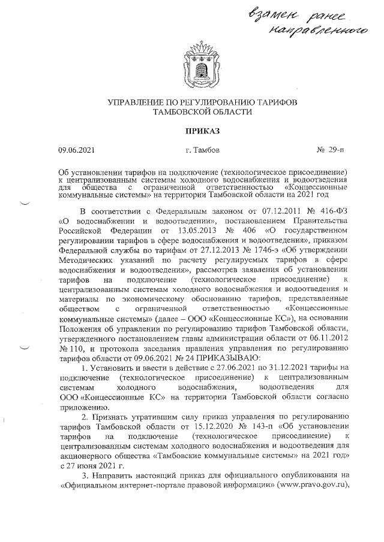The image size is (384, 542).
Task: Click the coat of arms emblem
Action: pyautogui.click(x=192, y=61)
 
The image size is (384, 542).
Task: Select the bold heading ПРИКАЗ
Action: pyautogui.click(x=192, y=130)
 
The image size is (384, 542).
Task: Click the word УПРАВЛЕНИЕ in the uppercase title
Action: pyautogui.click(x=137, y=102)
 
